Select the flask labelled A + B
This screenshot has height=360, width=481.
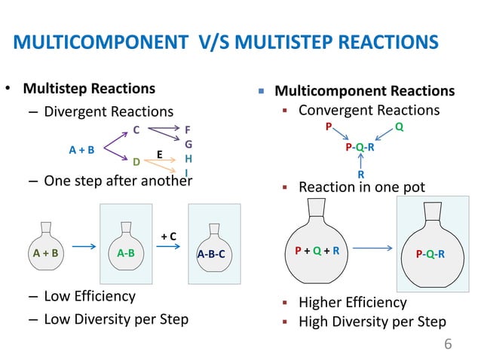click(46, 246)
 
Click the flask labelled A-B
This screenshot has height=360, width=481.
click(126, 246)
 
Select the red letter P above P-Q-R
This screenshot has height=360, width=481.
click(328, 128)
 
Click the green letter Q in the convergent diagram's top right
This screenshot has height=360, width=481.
click(399, 128)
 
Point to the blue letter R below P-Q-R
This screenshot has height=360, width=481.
click(360, 175)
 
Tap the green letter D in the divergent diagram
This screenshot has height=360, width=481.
click(136, 162)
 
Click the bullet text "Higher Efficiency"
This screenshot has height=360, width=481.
click(352, 303)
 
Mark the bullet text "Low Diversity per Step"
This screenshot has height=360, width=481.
click(115, 319)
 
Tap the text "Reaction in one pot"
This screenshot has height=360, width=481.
click(362, 186)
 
